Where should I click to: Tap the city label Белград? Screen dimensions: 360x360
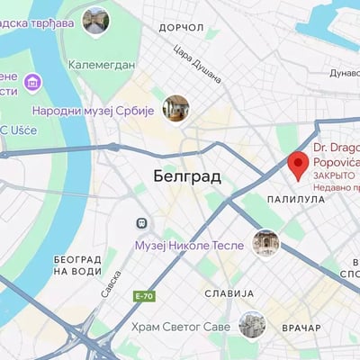point(186,176)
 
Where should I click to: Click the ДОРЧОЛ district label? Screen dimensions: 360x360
point(181,29)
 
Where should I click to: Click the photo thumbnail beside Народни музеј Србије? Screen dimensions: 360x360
point(175,110)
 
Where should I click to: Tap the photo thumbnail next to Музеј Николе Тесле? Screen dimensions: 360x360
point(265,243)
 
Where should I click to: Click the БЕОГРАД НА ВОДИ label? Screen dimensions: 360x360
point(77,265)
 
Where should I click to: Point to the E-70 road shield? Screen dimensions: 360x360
point(143,296)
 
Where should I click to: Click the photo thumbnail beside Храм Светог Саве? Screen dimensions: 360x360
point(252,325)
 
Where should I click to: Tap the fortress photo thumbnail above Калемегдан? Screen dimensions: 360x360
point(95,20)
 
